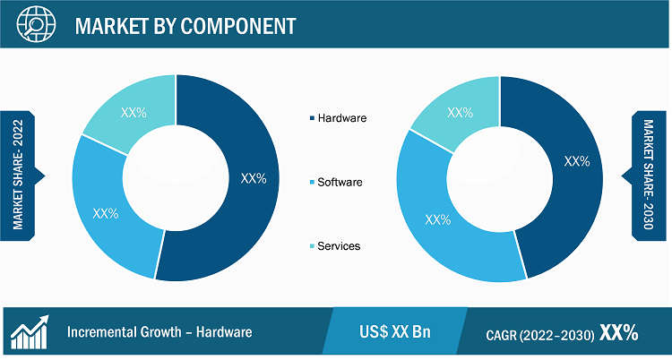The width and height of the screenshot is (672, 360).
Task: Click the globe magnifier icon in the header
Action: pyautogui.click(x=37, y=24)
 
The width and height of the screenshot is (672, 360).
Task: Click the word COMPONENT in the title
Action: pyautogui.click(x=237, y=26)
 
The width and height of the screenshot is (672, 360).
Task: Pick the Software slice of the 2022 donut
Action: pyautogui.click(x=107, y=213)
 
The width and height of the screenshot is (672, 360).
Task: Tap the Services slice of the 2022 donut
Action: pyautogui.click(x=134, y=112)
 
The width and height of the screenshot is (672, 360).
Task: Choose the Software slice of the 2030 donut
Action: pyautogui.click(x=442, y=223)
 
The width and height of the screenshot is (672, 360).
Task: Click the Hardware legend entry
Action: pyautogui.click(x=338, y=118)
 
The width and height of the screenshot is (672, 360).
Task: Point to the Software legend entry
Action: pyautogui.click(x=336, y=182)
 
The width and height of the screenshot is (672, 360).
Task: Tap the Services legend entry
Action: pyautogui.click(x=334, y=246)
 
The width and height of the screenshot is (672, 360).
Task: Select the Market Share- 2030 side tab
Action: pyautogui.click(x=647, y=176)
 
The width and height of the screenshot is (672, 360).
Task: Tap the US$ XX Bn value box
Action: pyautogui.click(x=395, y=331)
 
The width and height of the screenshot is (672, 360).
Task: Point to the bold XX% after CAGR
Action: pyautogui.click(x=618, y=332)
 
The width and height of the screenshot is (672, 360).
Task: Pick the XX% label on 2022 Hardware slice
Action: pyautogui.click(x=254, y=178)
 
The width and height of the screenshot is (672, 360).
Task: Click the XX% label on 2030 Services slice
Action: pyautogui.click(x=460, y=113)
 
